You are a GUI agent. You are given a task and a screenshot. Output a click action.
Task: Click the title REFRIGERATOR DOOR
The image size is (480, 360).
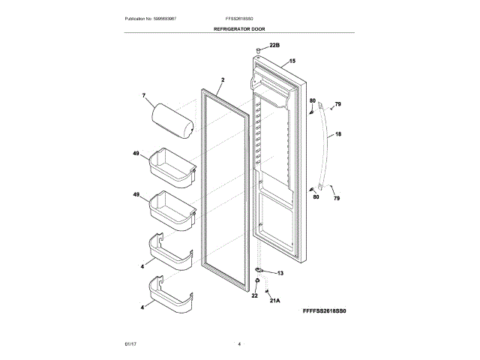(239, 28)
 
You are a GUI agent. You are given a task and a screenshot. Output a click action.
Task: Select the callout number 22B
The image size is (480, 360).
(274, 45)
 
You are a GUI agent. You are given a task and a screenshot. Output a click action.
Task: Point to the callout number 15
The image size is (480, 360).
(292, 61)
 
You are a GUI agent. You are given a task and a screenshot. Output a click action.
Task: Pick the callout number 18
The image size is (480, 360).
(338, 134)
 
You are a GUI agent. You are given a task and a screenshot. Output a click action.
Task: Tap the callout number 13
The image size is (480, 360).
(280, 274)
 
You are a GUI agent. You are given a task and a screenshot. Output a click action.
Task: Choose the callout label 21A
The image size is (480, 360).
(274, 301)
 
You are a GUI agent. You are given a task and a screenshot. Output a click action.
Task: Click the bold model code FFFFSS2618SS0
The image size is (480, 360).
(325, 309)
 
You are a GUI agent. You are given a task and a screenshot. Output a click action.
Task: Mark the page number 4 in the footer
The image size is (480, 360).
(239, 343)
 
